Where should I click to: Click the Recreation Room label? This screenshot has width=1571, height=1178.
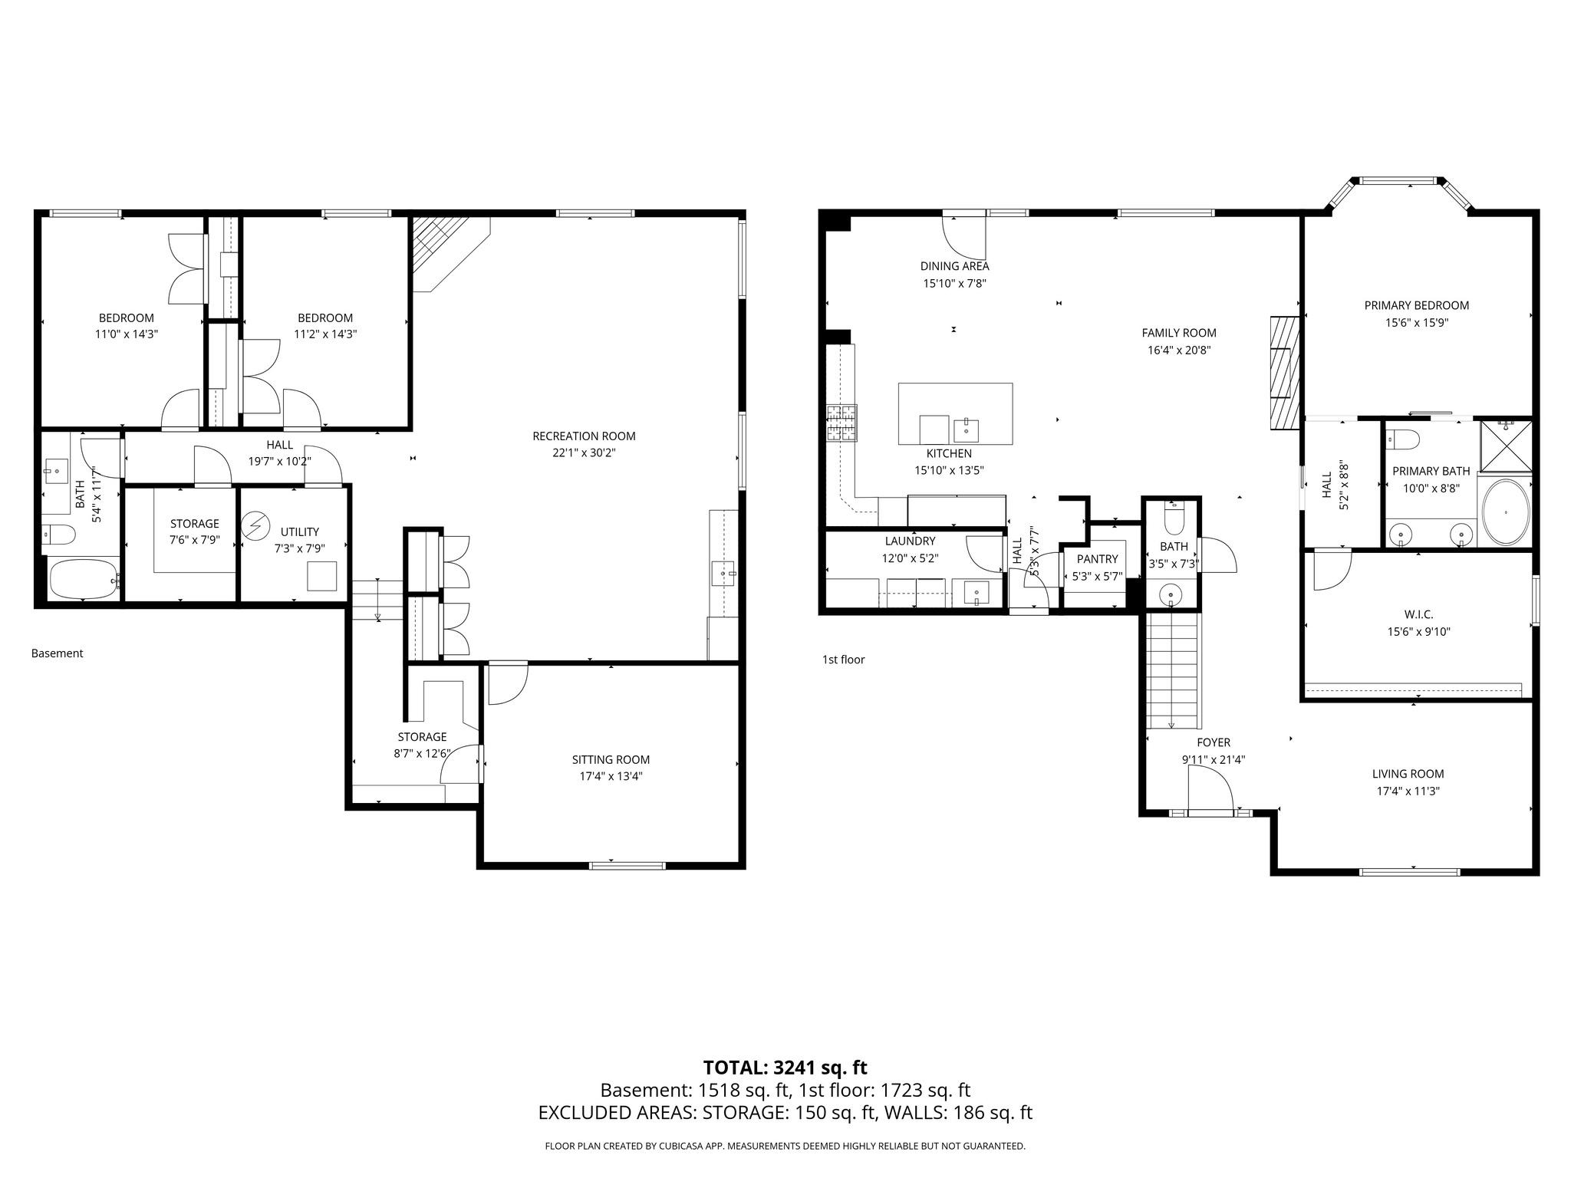pyautogui.click(x=584, y=436)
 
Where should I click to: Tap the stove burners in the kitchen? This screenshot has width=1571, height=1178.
pyautogui.click(x=841, y=423)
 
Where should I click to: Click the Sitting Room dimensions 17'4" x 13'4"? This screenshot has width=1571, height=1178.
pyautogui.click(x=611, y=776)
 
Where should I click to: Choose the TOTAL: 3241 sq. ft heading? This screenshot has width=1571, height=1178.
pyautogui.click(x=785, y=1068)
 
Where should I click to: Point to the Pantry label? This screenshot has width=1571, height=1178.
pyautogui.click(x=1097, y=559)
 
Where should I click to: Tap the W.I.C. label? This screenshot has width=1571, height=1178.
pyautogui.click(x=1419, y=614)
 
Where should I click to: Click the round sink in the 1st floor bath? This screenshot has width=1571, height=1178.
pyautogui.click(x=1171, y=594)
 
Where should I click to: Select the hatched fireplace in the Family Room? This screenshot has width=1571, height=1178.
pyautogui.click(x=1284, y=373)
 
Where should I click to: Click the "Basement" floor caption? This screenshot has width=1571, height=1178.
pyautogui.click(x=57, y=653)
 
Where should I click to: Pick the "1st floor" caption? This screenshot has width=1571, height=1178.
pyautogui.click(x=843, y=660)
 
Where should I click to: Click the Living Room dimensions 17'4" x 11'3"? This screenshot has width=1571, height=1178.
pyautogui.click(x=1408, y=791)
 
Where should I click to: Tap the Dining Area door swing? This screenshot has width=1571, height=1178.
pyautogui.click(x=963, y=238)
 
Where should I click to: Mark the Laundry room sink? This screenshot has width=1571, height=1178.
pyautogui.click(x=976, y=593)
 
